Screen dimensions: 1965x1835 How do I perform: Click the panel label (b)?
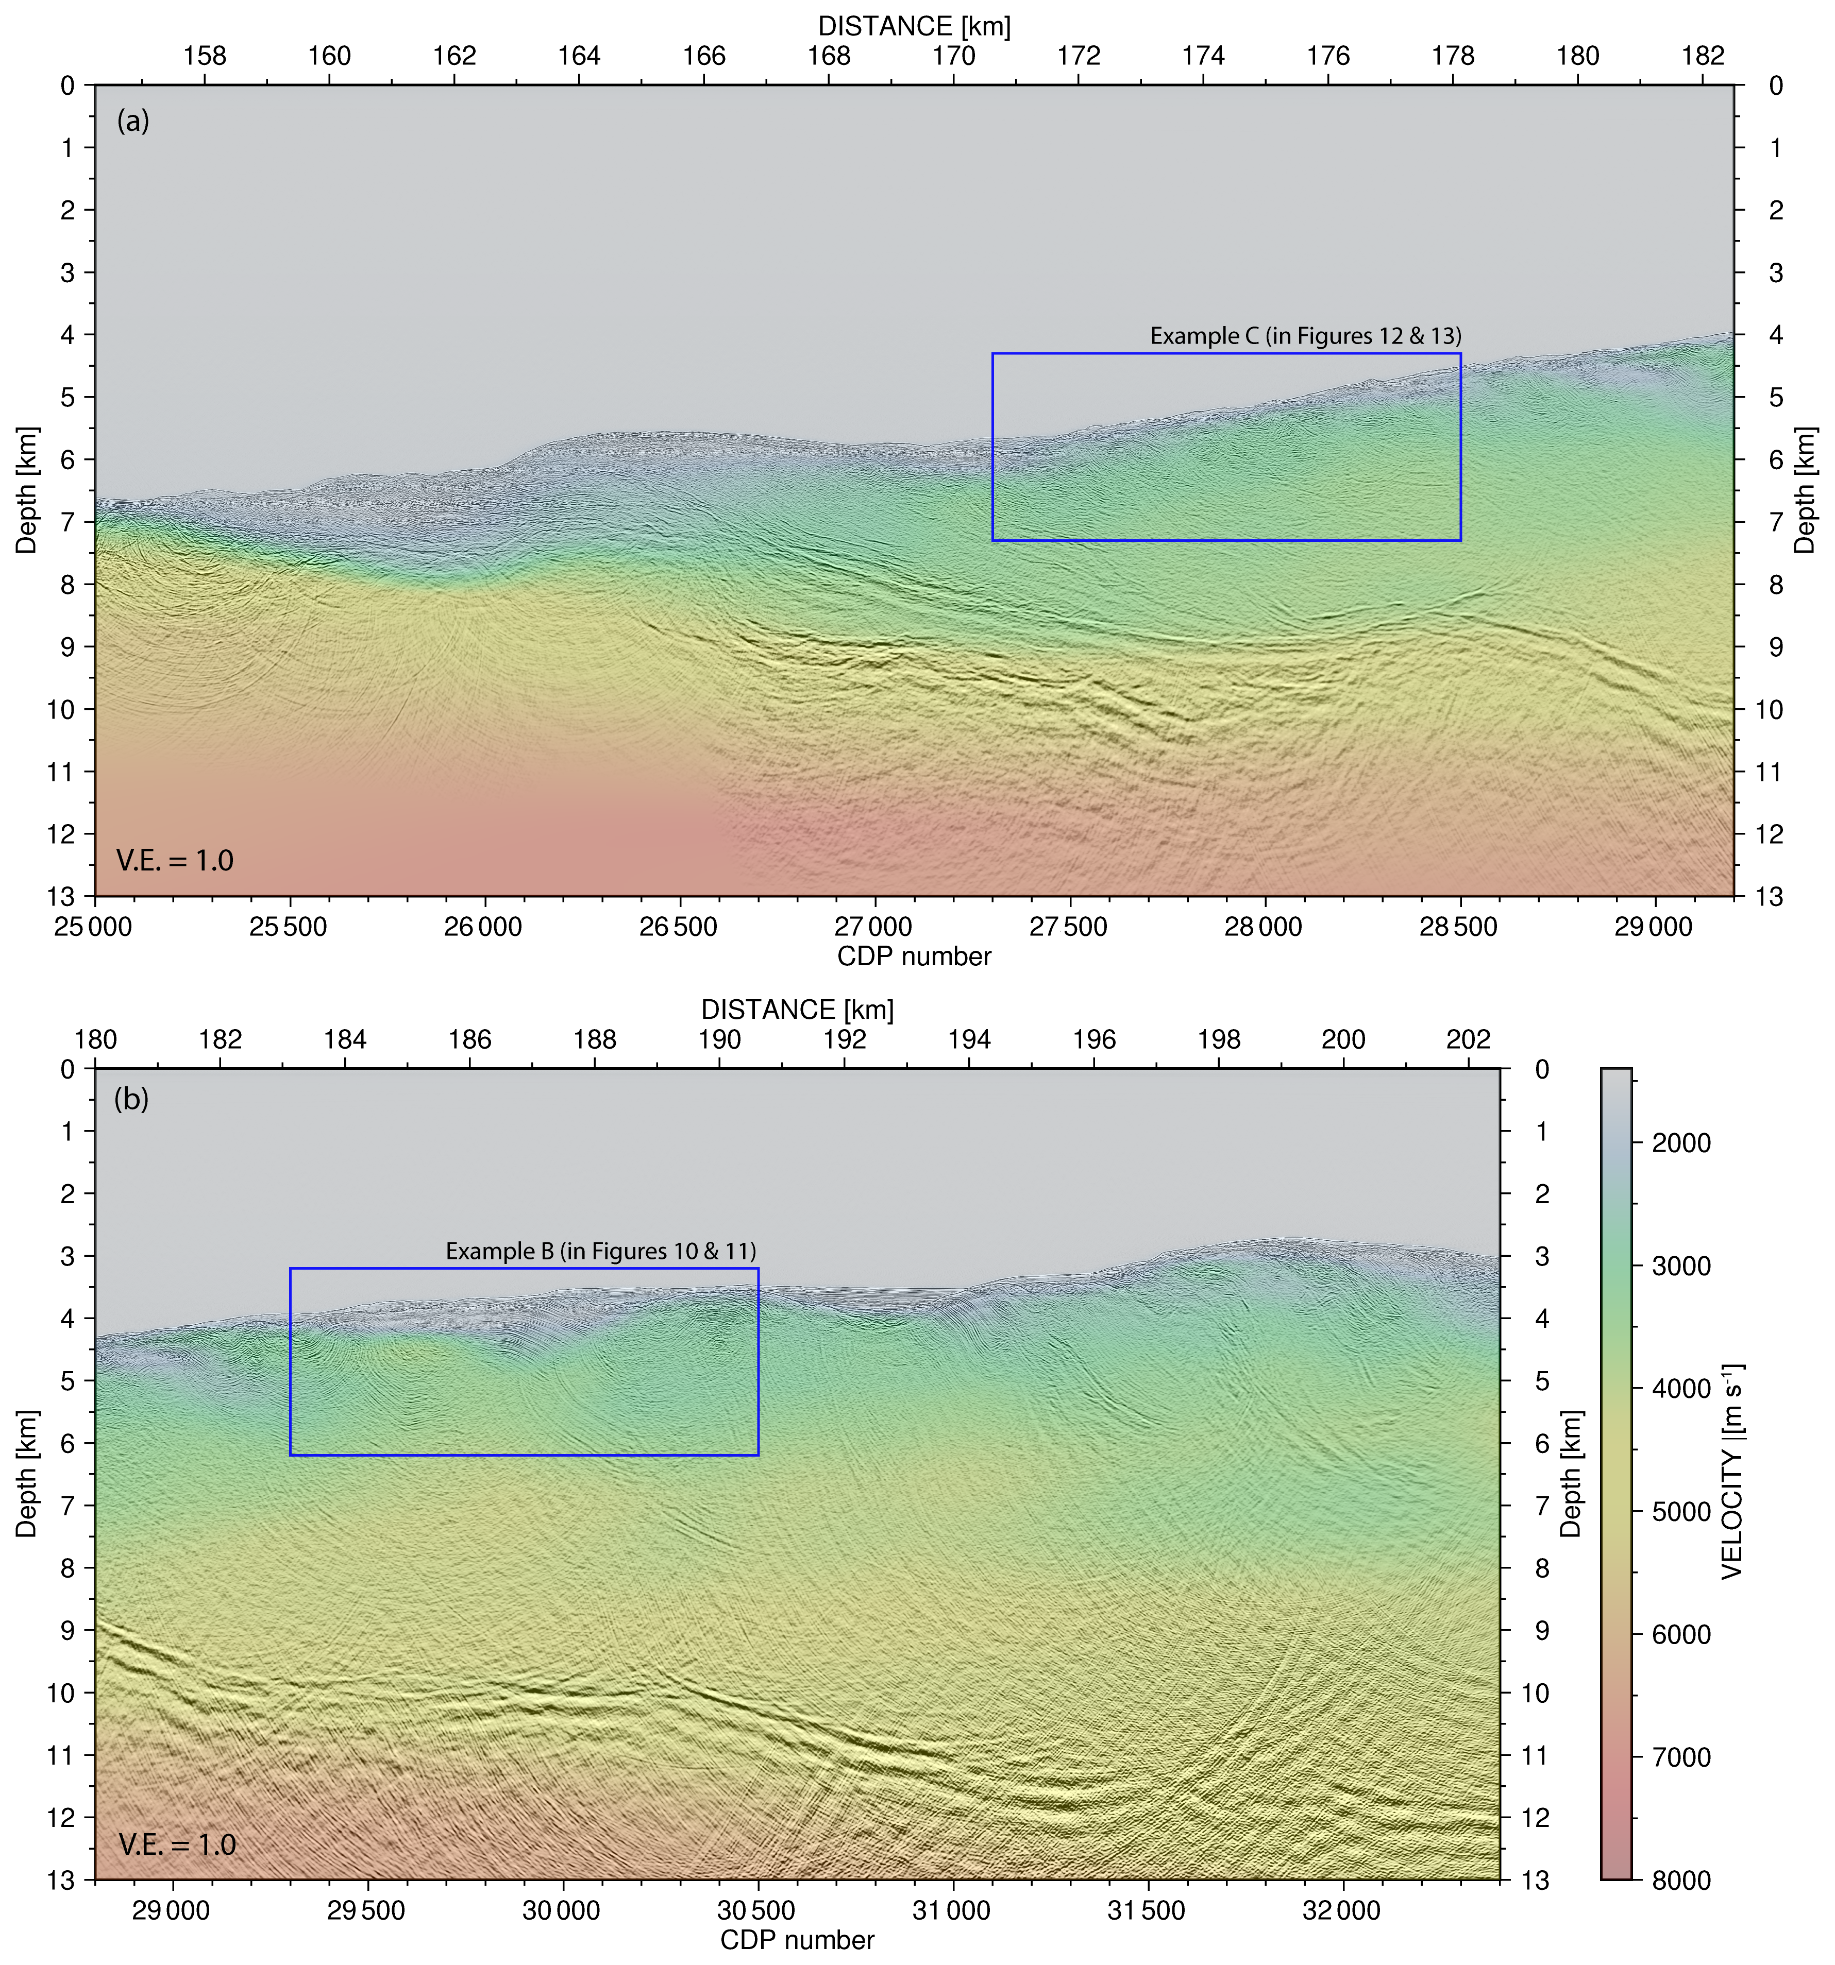(131, 1098)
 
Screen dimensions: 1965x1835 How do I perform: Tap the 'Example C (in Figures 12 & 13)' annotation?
(1305, 336)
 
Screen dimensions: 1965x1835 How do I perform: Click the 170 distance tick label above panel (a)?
(953, 55)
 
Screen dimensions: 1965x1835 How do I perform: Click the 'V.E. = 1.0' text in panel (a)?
(175, 861)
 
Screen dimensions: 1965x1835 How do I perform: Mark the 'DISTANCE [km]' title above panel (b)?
(797, 1010)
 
